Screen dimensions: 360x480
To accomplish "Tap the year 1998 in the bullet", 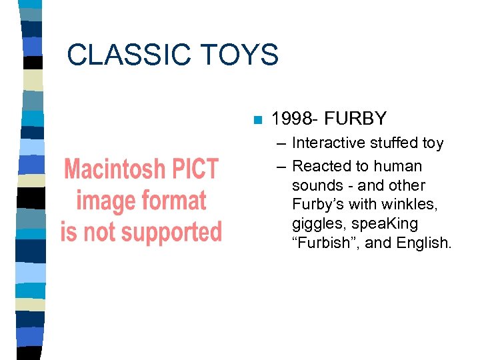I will [x=293, y=119].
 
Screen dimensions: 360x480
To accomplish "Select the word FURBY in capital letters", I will [x=357, y=119].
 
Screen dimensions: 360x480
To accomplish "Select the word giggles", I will [x=316, y=224].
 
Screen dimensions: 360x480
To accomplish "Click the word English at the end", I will [x=424, y=243].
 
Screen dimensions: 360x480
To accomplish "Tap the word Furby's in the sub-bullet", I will [x=315, y=205].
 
